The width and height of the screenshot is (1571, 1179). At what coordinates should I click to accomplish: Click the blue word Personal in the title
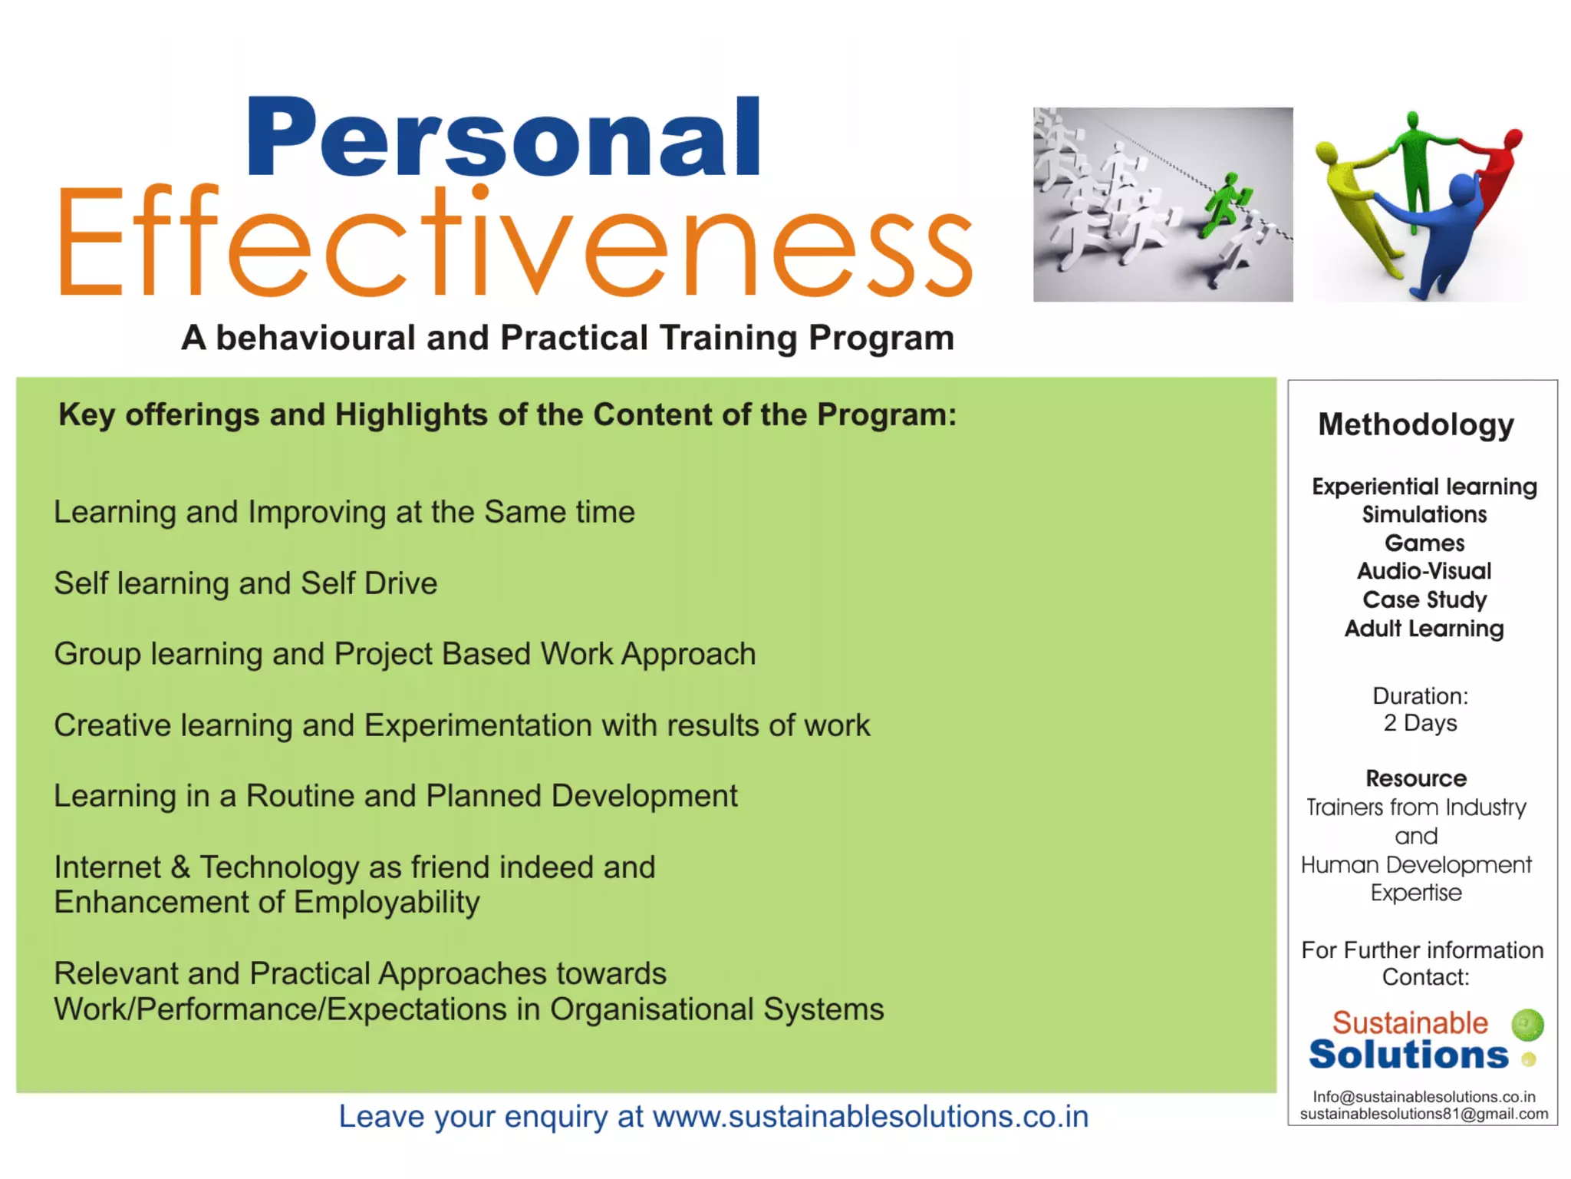[x=502, y=138]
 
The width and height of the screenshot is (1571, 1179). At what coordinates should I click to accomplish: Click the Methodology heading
[x=1416, y=424]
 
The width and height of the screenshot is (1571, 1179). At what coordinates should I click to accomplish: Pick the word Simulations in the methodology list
[x=1424, y=514]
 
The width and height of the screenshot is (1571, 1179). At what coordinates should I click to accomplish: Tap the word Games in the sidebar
[x=1424, y=543]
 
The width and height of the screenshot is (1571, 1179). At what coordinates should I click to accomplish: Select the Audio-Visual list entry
[x=1424, y=571]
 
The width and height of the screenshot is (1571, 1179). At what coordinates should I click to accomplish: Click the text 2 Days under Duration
[x=1420, y=723]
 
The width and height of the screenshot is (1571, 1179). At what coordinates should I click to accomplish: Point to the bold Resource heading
[x=1416, y=778]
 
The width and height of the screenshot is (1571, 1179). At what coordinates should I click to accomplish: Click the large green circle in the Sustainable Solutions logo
[x=1527, y=1025]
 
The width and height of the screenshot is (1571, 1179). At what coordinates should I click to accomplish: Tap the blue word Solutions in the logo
[x=1408, y=1055]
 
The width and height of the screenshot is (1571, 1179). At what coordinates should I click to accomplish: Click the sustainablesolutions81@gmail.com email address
[x=1424, y=1114]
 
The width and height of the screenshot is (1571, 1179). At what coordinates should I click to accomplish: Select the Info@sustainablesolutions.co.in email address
[x=1424, y=1097]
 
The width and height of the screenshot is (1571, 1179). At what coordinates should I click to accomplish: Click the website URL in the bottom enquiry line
[x=870, y=1117]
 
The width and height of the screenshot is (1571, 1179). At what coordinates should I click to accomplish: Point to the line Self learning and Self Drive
[x=245, y=583]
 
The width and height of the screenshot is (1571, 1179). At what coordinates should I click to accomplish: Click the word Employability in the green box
[x=387, y=903]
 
